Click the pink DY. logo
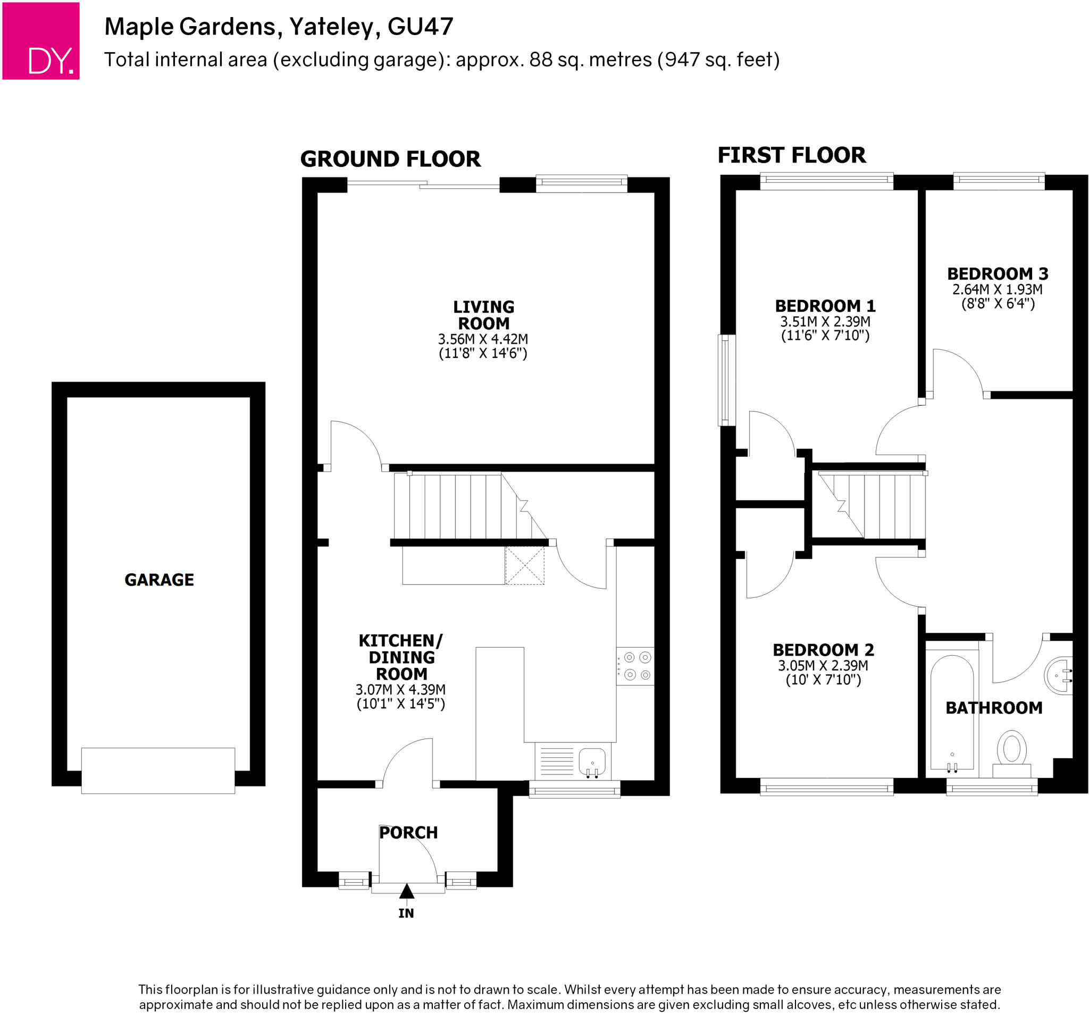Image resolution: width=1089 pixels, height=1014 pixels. point(40,41)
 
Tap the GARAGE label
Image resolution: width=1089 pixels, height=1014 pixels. point(159,580)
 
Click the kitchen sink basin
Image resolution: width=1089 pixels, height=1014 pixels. point(592,760)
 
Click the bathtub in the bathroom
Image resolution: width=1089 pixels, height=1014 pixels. point(952,712)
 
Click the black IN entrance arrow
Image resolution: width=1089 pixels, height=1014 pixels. point(406,892)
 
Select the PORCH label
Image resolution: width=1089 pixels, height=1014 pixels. point(408,833)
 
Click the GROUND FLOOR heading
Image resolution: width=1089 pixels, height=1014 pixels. point(390,159)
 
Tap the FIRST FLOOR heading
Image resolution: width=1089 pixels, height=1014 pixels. point(792,155)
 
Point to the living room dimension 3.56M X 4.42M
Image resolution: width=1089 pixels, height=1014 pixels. point(483,339)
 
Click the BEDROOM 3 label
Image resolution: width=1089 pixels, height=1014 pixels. point(998,273)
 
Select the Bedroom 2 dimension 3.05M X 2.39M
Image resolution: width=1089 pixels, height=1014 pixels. point(823,666)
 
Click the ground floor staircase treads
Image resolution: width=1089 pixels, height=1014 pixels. point(455,507)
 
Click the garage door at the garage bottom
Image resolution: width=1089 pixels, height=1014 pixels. point(158,770)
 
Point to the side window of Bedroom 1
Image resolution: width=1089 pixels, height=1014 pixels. point(726,380)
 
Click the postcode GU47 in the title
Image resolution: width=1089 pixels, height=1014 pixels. point(420,26)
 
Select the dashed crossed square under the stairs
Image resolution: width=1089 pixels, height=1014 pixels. point(524,565)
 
